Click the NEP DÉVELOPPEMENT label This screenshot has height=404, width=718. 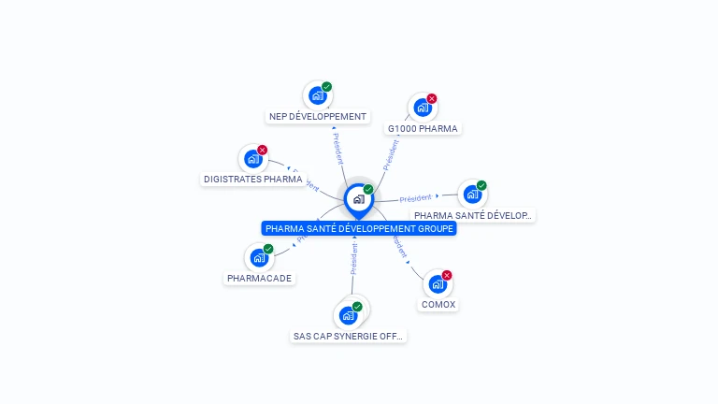pos(318,117)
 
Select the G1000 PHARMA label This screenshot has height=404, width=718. pos(423,128)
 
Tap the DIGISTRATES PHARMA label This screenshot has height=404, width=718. pos(252,179)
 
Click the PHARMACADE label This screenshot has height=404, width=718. pos(259,279)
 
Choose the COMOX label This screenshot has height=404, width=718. pos(438,305)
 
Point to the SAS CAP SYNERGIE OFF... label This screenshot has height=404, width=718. pos(350,336)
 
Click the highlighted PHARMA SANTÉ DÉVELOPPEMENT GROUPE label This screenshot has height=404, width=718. pos(359,228)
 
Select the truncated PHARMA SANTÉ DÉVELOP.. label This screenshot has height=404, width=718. pos(473,215)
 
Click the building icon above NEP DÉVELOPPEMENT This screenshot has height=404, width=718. pos(318,95)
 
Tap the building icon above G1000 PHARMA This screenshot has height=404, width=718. pos(423,108)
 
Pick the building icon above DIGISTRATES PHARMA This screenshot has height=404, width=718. pos(252,159)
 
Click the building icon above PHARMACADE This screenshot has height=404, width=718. pos(258,258)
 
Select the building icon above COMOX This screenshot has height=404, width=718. pos(438,284)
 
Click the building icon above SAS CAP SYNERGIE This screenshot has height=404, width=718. pos(349,315)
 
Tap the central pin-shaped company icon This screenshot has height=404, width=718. pos(358,199)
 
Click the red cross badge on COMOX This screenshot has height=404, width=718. pos(447,275)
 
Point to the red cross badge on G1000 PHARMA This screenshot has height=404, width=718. pos(432,98)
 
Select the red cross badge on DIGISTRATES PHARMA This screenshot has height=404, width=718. pos(263,150)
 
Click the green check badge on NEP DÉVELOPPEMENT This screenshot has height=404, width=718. pos(327,86)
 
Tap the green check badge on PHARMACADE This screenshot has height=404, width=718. pos(268,249)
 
